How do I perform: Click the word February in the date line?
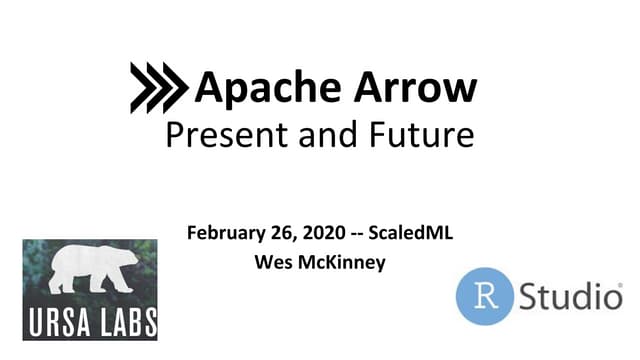(227, 236)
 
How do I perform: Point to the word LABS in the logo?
(126, 322)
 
